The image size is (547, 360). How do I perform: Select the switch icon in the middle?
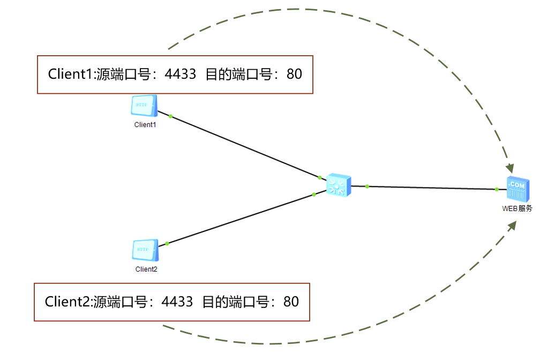(339, 185)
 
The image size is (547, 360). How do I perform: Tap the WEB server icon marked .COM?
(518, 190)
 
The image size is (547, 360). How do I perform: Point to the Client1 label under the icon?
(145, 125)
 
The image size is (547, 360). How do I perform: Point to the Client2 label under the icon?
(146, 269)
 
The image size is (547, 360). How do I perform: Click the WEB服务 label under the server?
(517, 209)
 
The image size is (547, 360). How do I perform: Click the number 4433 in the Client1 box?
(181, 74)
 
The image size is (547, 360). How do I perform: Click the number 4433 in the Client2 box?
(177, 302)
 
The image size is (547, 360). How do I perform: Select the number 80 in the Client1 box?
(294, 74)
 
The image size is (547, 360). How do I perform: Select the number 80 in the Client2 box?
(291, 302)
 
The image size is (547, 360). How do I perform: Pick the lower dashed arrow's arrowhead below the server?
(511, 225)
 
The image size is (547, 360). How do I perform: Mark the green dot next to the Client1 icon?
(170, 116)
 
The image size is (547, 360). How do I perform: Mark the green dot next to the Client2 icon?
(167, 244)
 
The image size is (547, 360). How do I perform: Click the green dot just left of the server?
(497, 189)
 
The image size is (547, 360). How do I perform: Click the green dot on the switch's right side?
(367, 186)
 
